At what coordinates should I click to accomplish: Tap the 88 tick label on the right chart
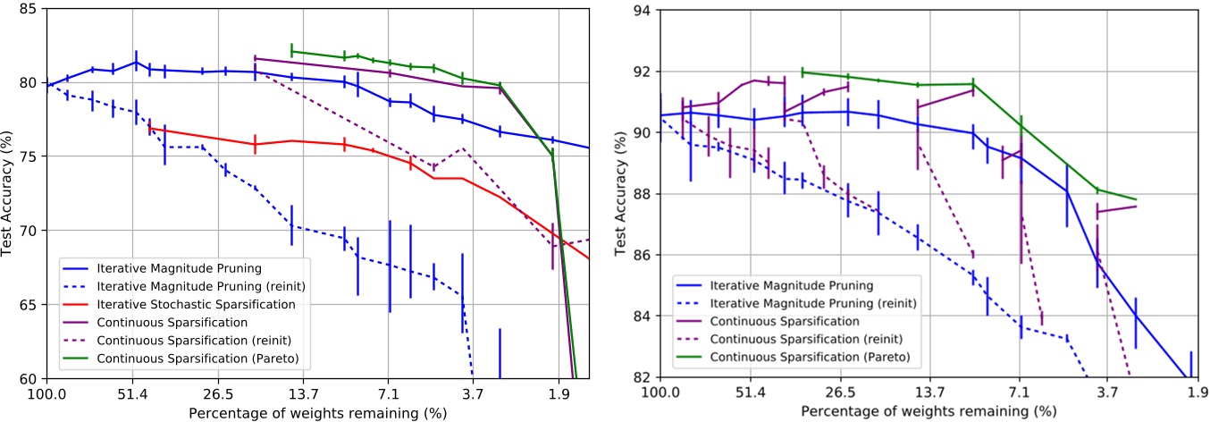pos(641,194)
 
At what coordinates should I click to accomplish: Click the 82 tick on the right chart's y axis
pos(641,376)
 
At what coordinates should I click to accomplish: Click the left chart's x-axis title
pos(311,414)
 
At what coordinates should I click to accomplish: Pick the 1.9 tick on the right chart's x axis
pos(1191,392)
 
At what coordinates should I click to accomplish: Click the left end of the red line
pos(149,128)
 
